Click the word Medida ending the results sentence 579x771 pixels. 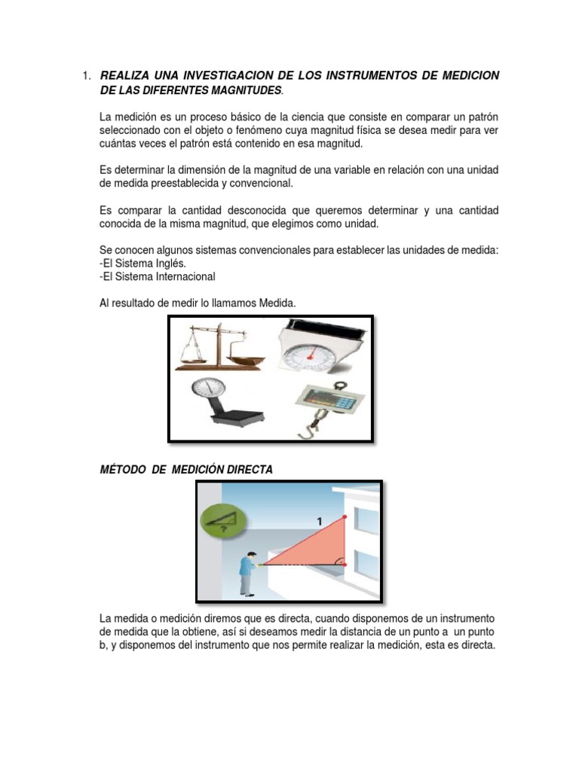(274, 302)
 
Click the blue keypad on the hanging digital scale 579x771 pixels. (329, 398)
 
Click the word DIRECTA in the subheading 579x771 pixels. (245, 469)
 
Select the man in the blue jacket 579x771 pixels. (247, 573)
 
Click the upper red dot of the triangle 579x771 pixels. (344, 518)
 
